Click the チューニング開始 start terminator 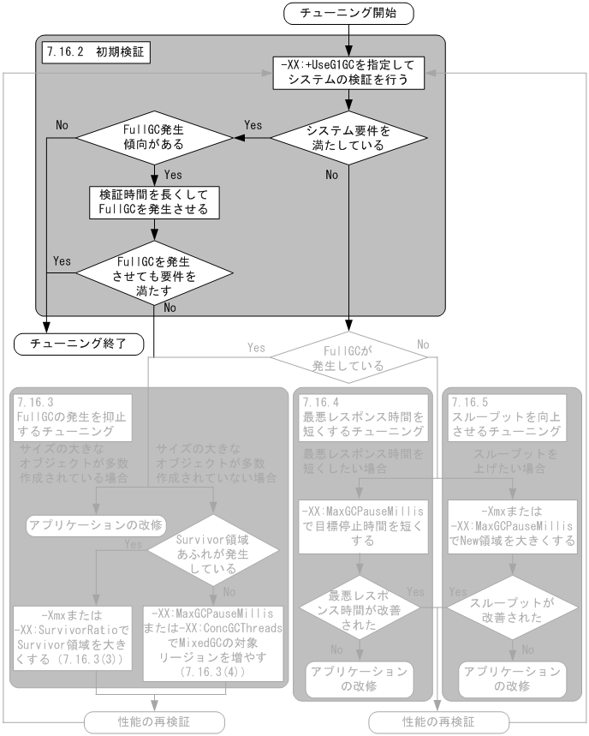point(348,14)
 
